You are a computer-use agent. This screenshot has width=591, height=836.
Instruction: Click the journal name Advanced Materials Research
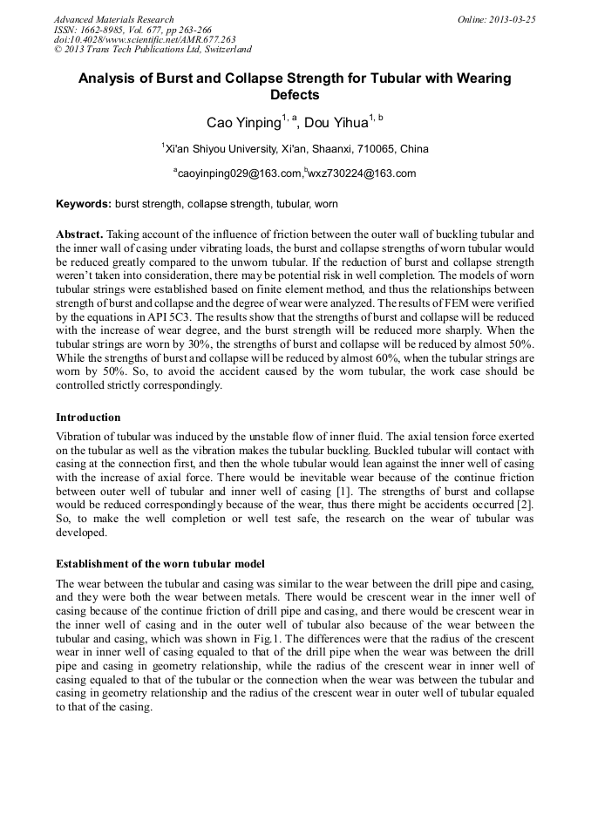pyautogui.click(x=113, y=19)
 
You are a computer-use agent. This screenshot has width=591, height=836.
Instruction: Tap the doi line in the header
pyautogui.click(x=145, y=40)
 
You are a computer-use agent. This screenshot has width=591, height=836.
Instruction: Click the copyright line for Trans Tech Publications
pyautogui.click(x=153, y=50)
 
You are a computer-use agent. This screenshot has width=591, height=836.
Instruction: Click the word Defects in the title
pyautogui.click(x=295, y=95)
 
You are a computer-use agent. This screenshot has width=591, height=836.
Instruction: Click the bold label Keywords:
pyautogui.click(x=84, y=204)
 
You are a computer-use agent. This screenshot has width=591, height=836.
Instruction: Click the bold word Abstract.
pyautogui.click(x=79, y=235)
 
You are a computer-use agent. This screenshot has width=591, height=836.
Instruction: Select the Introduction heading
pyautogui.click(x=88, y=418)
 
